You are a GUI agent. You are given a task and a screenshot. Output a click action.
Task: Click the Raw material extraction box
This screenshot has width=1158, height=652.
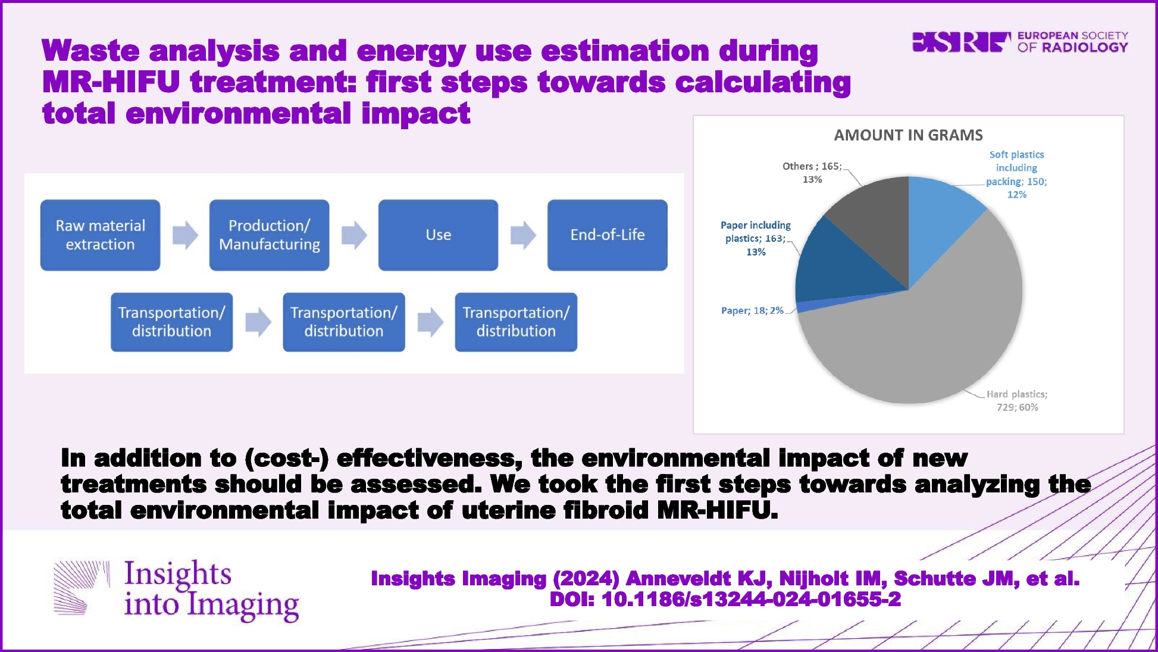point(100,235)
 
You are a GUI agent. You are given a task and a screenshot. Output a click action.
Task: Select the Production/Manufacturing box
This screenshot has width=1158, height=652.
point(269,235)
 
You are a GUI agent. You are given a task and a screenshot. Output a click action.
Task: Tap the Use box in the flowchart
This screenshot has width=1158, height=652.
point(438,235)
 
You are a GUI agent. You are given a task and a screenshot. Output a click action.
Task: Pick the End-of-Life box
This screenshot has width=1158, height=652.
point(607,235)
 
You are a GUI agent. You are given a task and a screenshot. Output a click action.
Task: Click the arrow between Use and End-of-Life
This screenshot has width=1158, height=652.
point(523,235)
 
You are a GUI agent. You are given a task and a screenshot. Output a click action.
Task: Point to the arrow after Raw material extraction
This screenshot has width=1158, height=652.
point(185,235)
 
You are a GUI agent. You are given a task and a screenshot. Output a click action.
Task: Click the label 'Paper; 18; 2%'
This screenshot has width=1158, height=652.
point(752,311)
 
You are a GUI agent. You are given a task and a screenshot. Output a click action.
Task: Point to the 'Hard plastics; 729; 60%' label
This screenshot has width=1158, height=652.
point(1017,401)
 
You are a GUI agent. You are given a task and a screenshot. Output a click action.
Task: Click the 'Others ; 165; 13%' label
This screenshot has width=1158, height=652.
point(812,173)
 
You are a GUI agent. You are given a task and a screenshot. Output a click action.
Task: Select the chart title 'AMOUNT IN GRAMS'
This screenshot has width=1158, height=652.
point(908,135)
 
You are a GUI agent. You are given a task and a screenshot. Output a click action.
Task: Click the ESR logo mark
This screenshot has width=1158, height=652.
point(961,42)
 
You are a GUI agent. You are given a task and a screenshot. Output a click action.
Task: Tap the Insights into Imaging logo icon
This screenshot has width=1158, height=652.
point(82,587)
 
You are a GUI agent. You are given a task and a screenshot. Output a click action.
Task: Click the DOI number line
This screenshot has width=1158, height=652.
point(725,599)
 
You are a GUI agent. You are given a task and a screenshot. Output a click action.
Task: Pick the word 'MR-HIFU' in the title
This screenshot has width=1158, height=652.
point(111,82)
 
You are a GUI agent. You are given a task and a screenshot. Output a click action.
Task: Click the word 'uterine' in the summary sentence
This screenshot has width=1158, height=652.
point(508,510)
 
